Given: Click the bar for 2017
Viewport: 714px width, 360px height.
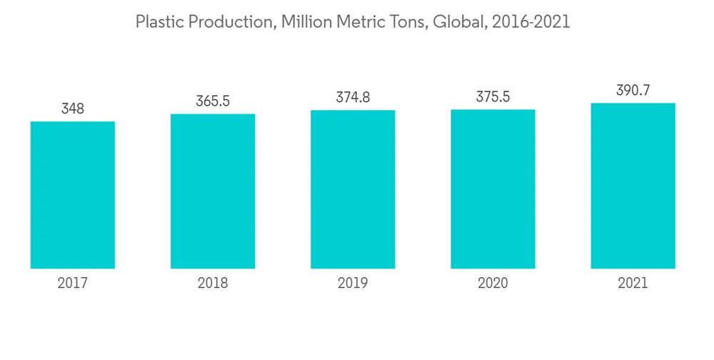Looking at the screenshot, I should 73,195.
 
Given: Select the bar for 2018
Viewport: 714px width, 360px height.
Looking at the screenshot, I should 213,191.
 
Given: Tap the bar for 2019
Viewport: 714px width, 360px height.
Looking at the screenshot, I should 353,189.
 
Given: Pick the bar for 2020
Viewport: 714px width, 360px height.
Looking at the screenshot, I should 493,189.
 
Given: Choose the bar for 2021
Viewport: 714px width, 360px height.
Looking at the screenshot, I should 633,186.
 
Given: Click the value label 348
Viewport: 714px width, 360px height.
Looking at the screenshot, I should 73,109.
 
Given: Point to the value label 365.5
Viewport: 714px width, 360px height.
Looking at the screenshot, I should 213,101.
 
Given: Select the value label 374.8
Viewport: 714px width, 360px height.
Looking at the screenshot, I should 353,97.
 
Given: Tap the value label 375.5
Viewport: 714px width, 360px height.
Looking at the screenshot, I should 493,97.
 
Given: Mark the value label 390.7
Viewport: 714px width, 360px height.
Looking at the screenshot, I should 633,91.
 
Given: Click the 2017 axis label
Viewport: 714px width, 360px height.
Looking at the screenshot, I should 73,284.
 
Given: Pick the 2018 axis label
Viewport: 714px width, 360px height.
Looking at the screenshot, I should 213,284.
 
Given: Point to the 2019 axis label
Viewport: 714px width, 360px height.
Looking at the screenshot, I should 353,284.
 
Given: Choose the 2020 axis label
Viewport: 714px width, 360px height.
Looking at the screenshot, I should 493,284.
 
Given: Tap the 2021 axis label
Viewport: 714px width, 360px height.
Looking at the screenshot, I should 633,284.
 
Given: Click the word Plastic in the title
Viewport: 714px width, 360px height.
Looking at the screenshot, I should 155,22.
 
